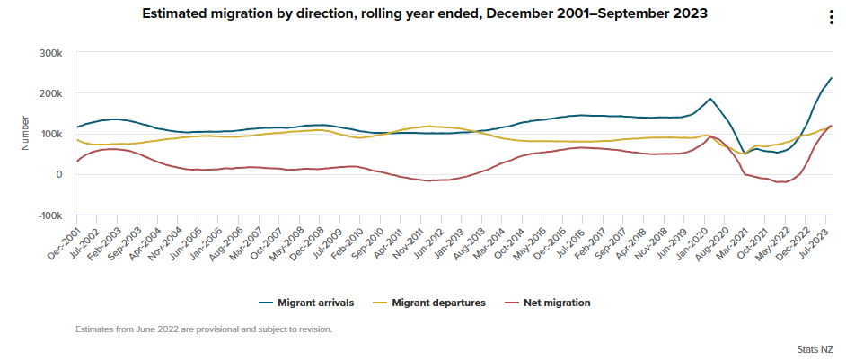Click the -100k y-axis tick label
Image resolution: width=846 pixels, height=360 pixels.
(x=50, y=215)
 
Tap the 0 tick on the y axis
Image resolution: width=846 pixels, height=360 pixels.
(x=58, y=175)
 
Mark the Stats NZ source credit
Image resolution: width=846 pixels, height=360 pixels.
(x=816, y=348)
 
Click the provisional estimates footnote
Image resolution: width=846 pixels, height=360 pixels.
(x=205, y=329)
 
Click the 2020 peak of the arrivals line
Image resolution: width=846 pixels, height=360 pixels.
(x=710, y=99)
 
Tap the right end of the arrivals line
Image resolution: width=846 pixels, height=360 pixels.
(x=832, y=78)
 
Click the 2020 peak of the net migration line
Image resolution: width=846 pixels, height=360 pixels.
(x=711, y=136)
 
